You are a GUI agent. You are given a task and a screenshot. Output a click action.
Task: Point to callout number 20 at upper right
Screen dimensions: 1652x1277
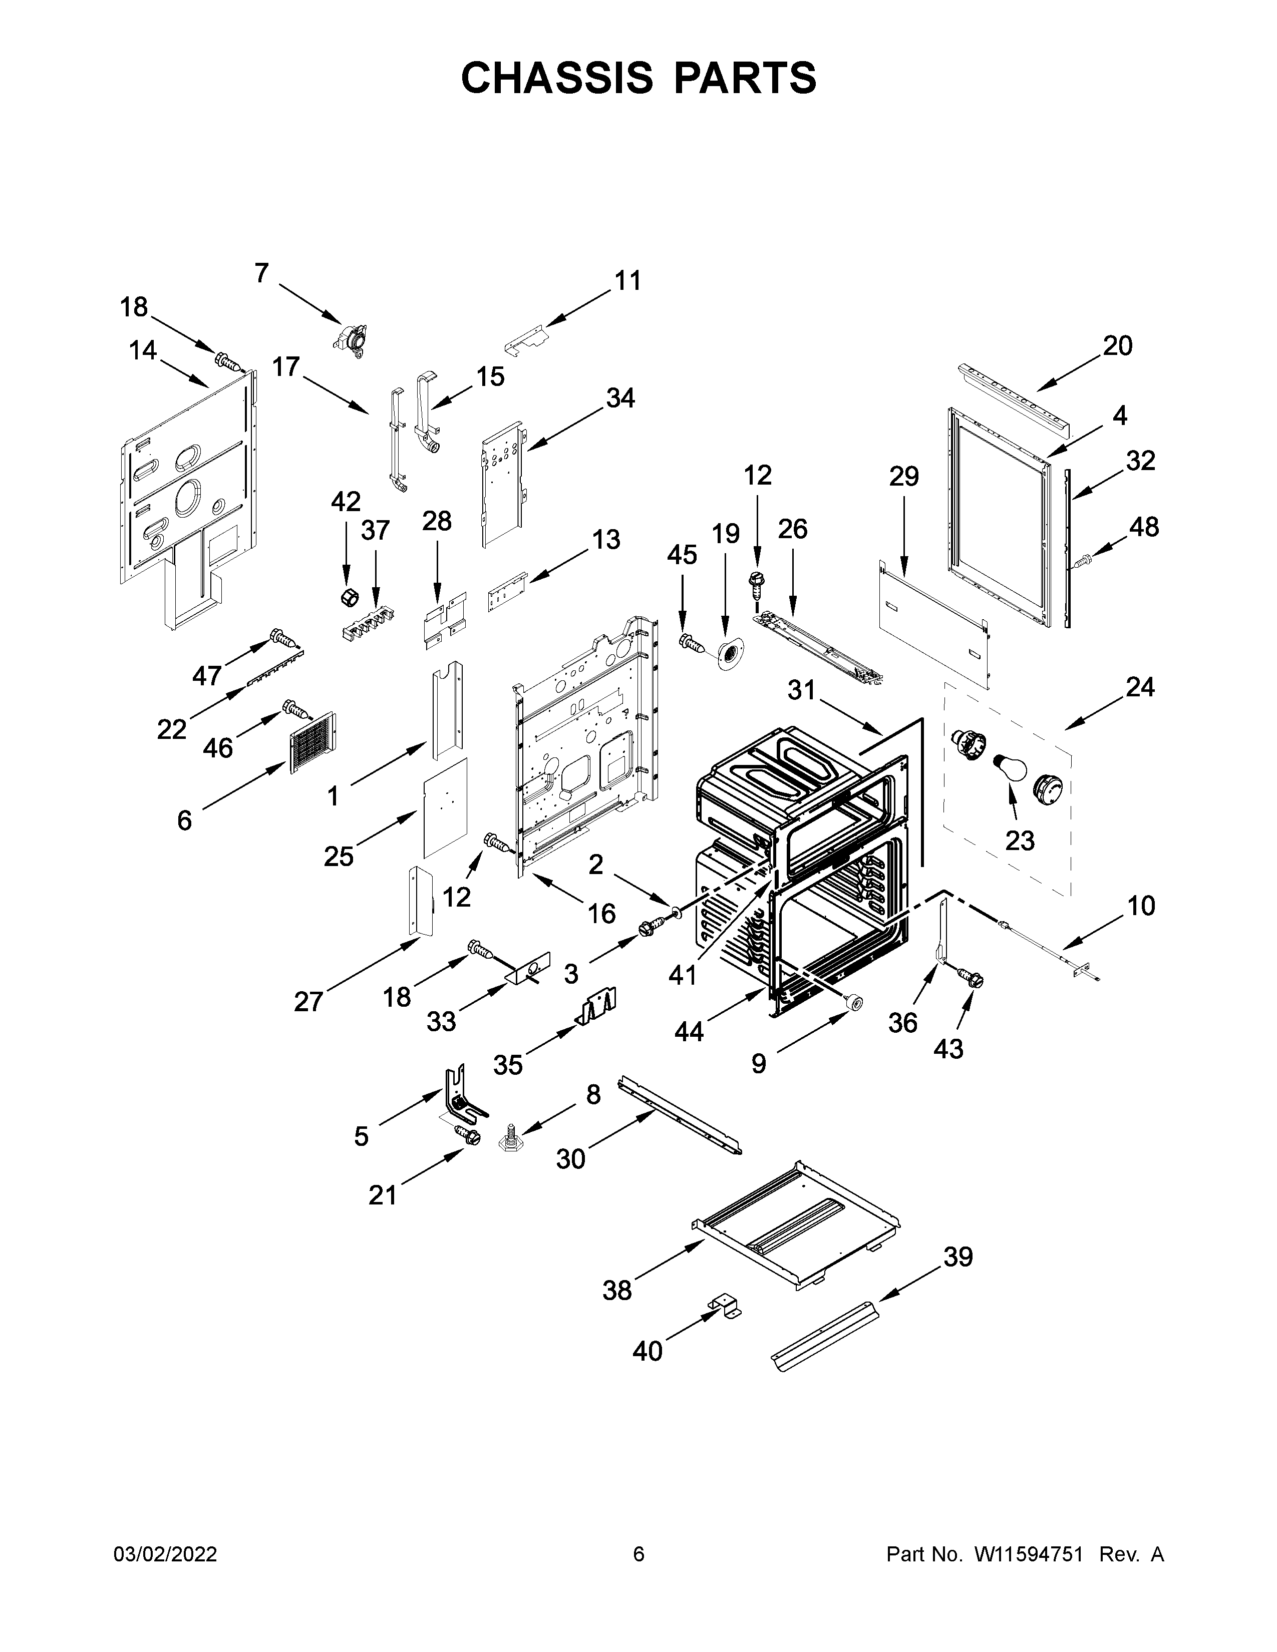tap(1117, 346)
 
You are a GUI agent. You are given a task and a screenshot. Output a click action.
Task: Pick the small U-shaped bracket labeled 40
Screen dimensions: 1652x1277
tap(725, 1306)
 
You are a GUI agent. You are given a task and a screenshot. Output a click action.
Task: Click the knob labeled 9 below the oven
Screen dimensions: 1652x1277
tap(855, 1003)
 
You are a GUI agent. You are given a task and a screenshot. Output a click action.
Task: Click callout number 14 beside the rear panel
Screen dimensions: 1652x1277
tap(143, 350)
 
